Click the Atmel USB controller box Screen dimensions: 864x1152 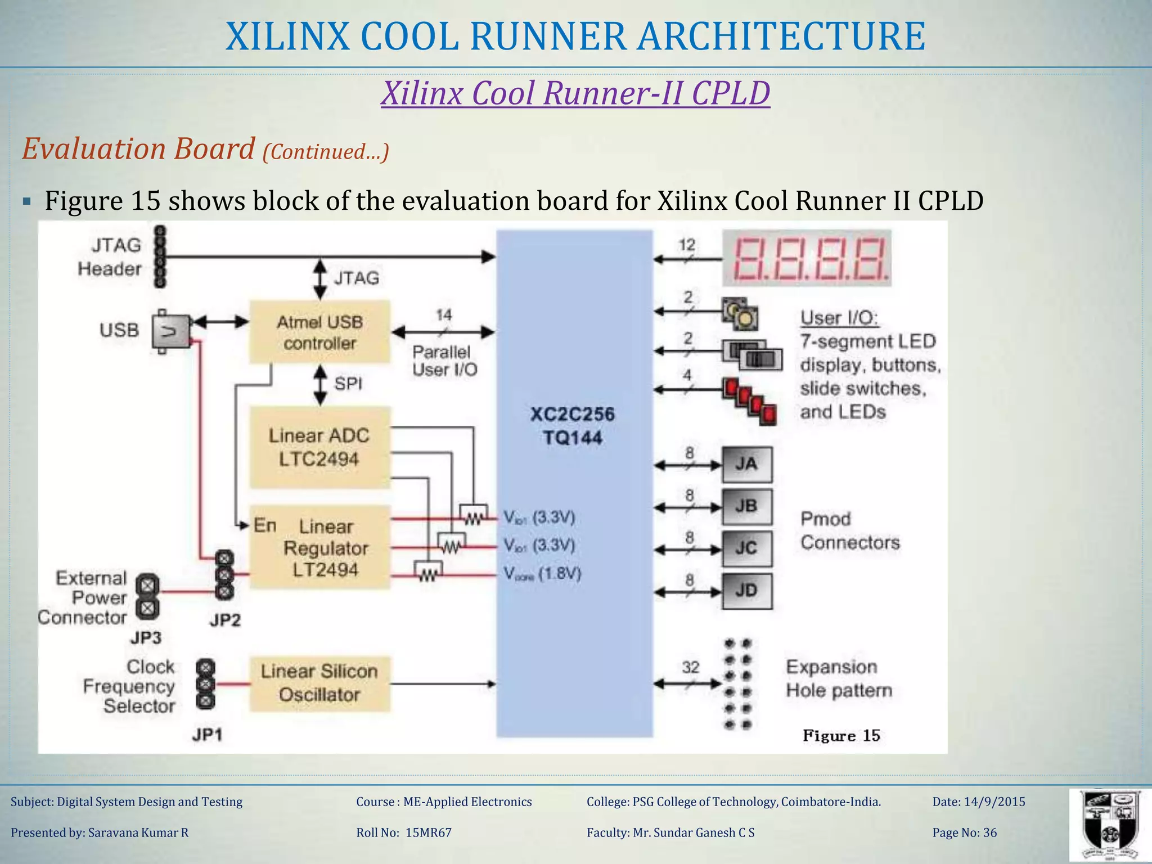tap(319, 332)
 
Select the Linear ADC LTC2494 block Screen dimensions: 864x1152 tap(319, 447)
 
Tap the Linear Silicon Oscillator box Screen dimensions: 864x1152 tap(319, 683)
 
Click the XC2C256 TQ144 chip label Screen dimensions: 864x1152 tap(573, 426)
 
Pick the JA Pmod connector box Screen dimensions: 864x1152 tap(746, 464)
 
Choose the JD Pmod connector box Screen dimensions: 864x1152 tap(746, 591)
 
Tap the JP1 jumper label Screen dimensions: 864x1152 tap(207, 735)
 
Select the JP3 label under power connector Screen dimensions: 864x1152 tap(146, 637)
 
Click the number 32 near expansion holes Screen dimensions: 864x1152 tap(691, 667)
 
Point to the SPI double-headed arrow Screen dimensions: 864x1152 tap(320, 385)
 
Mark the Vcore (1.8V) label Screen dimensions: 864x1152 tap(542, 574)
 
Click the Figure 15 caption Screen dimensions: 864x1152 tap(841, 735)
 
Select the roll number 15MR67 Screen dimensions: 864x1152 tap(428, 832)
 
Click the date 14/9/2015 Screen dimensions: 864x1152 tap(994, 802)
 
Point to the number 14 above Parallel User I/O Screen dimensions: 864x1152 tap(444, 315)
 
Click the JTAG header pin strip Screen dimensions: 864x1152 tap(160, 257)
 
